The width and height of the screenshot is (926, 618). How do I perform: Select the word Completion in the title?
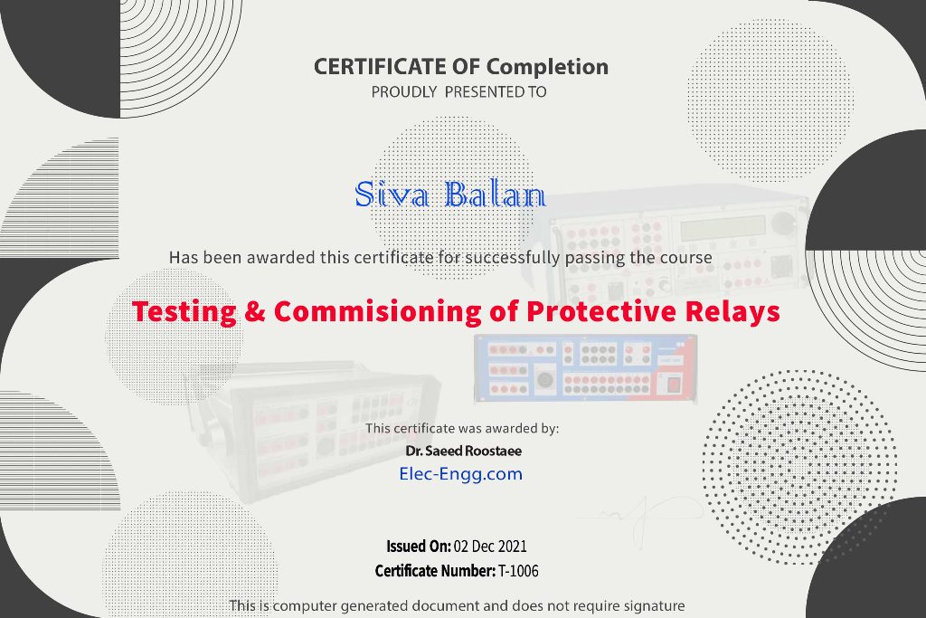point(547,67)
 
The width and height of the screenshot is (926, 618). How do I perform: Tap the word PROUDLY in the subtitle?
point(404,92)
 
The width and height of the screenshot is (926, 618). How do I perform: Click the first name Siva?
point(392,194)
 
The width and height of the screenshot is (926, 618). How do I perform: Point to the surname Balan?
point(495,194)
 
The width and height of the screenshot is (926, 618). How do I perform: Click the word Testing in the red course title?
point(184,311)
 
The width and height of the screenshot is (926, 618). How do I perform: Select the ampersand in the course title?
point(254,311)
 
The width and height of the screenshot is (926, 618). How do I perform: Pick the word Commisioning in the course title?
point(377,311)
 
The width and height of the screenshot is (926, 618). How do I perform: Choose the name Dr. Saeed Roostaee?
point(464,452)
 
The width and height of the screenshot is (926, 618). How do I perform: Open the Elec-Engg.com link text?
point(460,474)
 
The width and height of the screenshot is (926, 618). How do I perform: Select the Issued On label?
point(419,546)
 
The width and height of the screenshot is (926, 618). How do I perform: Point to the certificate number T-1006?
point(518,571)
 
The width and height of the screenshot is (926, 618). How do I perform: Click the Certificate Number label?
point(435,571)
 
